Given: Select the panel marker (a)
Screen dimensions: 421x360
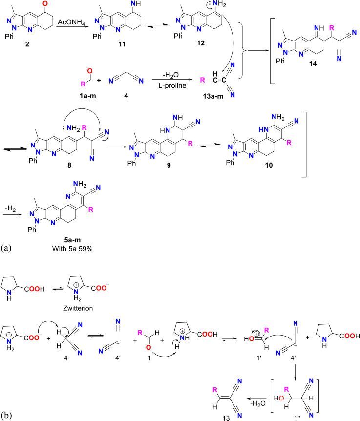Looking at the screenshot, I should (x=8, y=247).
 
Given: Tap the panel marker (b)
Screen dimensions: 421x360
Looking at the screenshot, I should (x=8, y=414).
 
